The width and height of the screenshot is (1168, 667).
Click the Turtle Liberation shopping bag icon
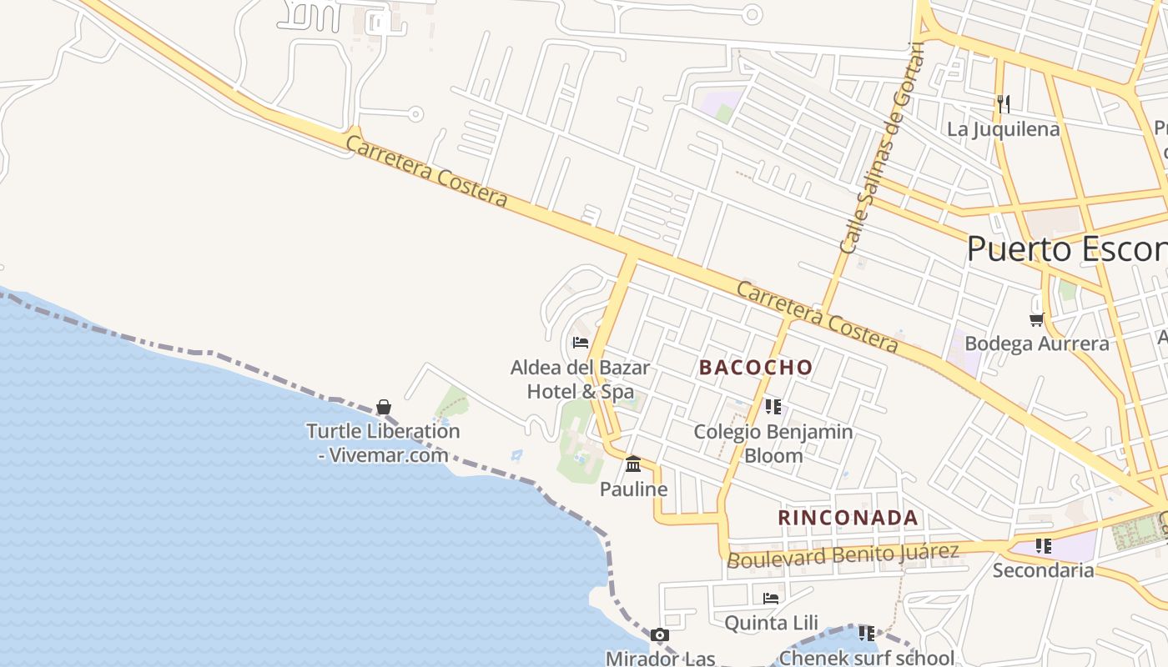[x=383, y=407]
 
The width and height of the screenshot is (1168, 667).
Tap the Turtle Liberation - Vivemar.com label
[x=383, y=443]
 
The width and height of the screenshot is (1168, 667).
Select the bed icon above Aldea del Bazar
[x=581, y=342]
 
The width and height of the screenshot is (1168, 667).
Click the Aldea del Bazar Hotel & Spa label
[x=581, y=379]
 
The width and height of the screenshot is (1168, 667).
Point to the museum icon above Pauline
[x=633, y=464]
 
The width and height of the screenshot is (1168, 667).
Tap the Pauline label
[x=634, y=489]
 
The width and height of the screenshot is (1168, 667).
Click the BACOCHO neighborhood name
[x=756, y=368]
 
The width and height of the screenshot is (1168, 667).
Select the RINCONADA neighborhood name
[x=848, y=518]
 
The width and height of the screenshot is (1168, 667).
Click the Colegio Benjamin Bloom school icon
[x=773, y=407]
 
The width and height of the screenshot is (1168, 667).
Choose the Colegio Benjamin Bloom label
[x=773, y=444]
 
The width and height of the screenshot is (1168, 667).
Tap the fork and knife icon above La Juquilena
[x=1004, y=103]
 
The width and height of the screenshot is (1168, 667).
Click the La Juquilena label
[x=1004, y=129]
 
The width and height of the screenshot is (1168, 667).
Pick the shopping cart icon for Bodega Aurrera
[x=1037, y=318]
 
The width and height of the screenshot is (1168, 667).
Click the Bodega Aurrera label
[x=1037, y=344]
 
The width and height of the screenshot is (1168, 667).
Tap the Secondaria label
[x=1043, y=570]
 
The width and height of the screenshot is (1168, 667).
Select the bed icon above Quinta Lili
[x=771, y=598]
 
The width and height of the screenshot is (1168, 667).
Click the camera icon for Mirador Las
[x=660, y=635]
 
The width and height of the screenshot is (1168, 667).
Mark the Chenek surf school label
[x=867, y=658]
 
